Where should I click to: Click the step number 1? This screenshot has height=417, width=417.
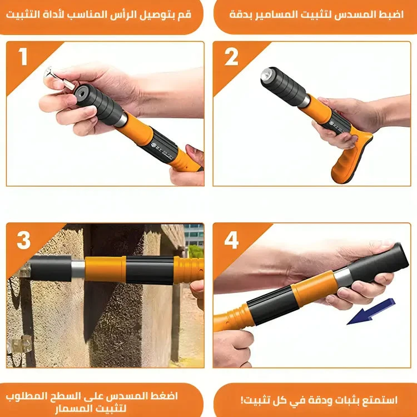tap(23, 56)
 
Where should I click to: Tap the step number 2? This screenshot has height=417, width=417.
tap(231, 56)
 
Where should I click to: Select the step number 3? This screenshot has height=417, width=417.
tap(24, 240)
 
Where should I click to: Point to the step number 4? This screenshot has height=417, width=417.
tap(231, 240)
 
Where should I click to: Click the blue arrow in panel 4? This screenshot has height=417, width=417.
tap(371, 312)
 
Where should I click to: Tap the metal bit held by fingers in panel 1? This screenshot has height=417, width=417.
tap(59, 79)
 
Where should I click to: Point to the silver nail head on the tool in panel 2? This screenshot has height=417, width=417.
tap(266, 74)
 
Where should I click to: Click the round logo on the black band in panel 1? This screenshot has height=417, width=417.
tap(153, 145)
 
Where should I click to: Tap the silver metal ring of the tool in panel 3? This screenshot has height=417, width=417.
tap(78, 269)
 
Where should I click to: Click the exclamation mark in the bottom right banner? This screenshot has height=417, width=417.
tap(242, 400)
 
